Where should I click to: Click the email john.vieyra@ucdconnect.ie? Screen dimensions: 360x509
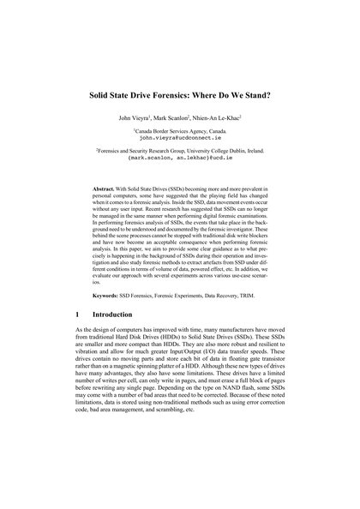pos(180,136)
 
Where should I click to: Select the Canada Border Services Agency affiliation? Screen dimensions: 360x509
pos(180,129)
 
